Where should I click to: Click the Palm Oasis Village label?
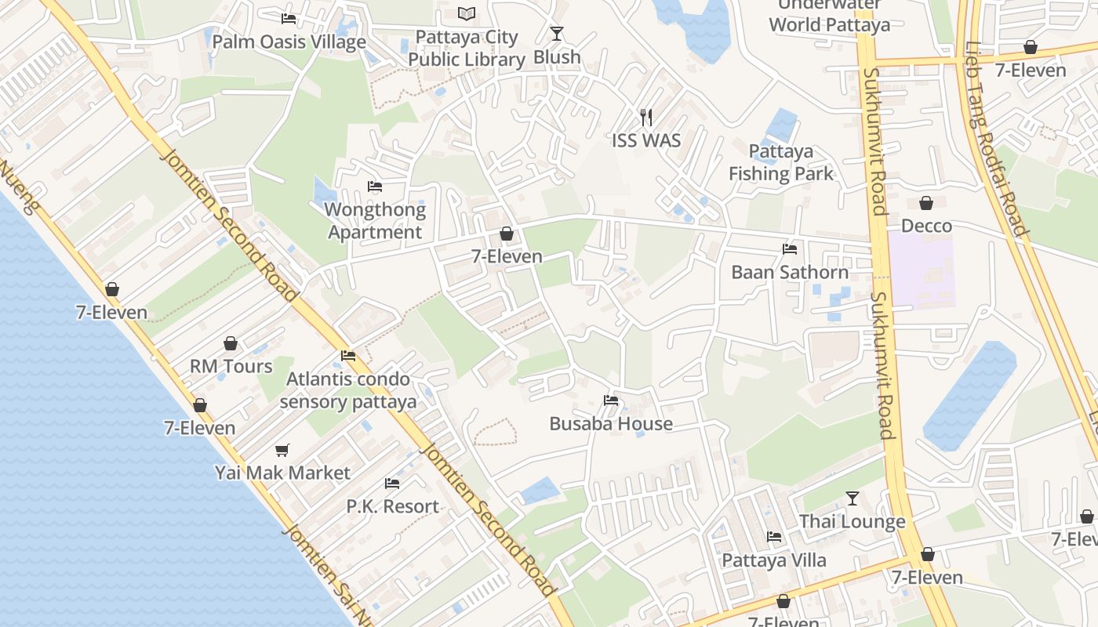coord(289,42)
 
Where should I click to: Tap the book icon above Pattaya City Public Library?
coord(467,13)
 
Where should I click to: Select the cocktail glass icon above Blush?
coord(557,33)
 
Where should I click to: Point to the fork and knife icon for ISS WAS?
coord(646,118)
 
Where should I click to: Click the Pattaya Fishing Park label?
coord(780,162)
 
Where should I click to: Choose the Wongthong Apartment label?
coord(375,221)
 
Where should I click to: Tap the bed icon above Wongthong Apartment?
coord(375,187)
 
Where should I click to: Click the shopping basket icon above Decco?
coord(926,203)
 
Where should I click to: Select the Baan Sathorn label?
coord(790,272)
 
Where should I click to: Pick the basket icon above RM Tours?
coord(231,343)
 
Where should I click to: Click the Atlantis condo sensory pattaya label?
coord(347,390)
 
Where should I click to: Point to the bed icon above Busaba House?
coord(611,400)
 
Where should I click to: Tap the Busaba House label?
coord(611,423)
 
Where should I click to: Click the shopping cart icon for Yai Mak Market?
coord(282,450)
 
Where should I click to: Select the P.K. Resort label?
coord(392,506)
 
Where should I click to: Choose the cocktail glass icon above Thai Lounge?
coord(853,498)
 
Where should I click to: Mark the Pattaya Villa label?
coord(773,560)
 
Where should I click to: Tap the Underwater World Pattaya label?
coord(829,19)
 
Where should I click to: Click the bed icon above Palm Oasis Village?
coord(289,18)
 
